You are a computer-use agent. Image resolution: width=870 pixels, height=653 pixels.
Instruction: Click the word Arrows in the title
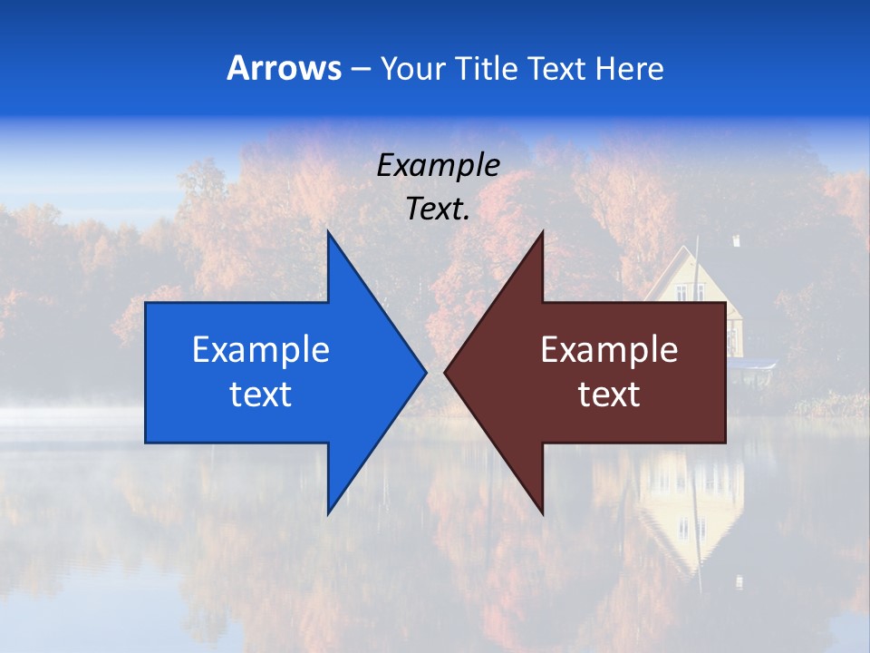285,68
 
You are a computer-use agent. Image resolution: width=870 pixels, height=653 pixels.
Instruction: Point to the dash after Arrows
359,70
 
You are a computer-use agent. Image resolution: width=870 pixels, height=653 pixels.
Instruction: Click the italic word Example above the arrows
439,166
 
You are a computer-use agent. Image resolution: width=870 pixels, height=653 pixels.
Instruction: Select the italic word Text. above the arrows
439,209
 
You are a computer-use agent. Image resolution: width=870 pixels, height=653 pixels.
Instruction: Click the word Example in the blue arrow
261,350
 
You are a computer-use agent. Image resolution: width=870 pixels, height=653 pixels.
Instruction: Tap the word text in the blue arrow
261,394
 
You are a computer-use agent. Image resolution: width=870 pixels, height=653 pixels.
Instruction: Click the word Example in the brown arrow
609,350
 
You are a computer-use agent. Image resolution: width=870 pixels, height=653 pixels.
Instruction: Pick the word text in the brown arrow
609,394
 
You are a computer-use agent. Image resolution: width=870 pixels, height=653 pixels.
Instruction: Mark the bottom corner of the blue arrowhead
328,512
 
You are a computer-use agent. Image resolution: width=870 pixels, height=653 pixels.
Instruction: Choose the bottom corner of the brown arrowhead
542,512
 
